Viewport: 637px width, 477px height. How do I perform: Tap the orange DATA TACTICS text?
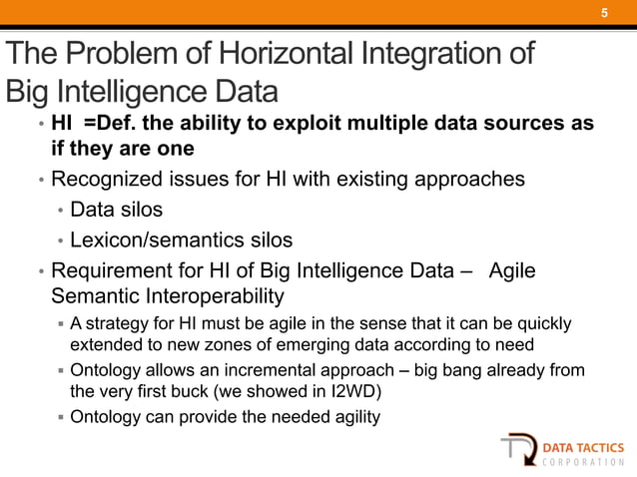tap(584, 447)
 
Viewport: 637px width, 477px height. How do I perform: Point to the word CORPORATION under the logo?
tap(584, 465)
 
